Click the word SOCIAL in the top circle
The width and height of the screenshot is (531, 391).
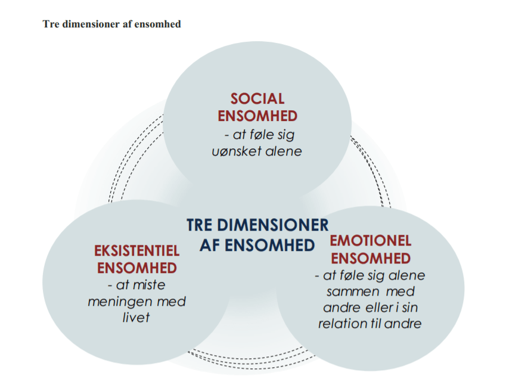click(x=257, y=98)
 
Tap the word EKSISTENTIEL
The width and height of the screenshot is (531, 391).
click(x=137, y=251)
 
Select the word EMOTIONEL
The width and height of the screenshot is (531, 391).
click(x=370, y=241)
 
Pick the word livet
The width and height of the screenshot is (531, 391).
click(x=136, y=316)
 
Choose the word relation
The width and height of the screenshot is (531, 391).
click(x=341, y=324)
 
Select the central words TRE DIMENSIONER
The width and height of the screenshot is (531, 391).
click(x=257, y=225)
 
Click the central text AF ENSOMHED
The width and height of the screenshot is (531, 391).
click(x=257, y=244)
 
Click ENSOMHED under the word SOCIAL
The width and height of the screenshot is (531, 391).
click(x=257, y=115)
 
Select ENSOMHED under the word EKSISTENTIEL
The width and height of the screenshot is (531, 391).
click(x=137, y=268)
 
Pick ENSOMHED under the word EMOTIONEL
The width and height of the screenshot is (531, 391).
click(x=370, y=257)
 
